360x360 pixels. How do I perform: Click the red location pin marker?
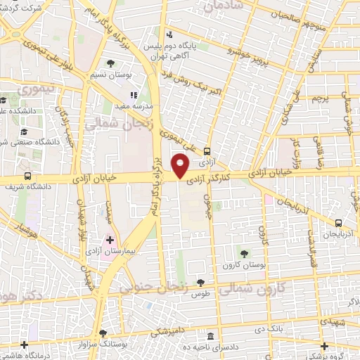pos(181,165)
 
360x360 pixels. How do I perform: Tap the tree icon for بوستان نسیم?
pos(111,65)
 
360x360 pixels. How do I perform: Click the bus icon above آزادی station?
pos(207,151)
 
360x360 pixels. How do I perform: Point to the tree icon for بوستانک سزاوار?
pos(104,333)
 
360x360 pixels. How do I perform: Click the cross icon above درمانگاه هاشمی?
pos(25,345)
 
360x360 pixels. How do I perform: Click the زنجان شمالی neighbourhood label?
pos(110,126)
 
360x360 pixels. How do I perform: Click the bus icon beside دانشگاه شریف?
pos(27,176)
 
